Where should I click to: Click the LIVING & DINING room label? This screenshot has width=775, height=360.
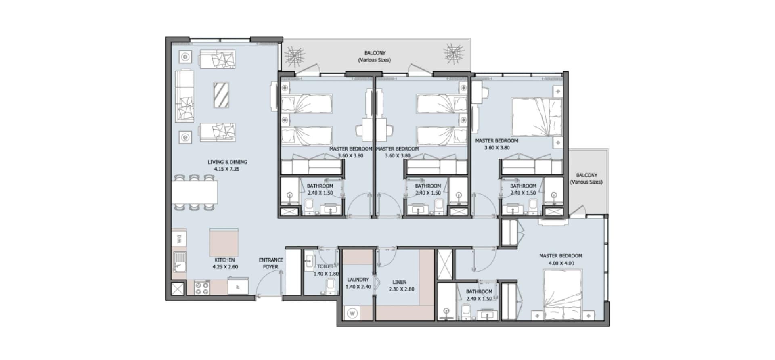pos(227,162)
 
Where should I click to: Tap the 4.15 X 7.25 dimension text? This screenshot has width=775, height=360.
pos(227,169)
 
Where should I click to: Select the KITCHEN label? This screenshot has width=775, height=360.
pos(224,260)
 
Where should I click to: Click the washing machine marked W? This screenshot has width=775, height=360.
pos(352,313)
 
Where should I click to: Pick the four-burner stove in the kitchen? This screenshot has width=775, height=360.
pos(202,287)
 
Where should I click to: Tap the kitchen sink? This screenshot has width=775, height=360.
pos(180,261)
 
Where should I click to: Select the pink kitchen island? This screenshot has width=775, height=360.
pos(224,243)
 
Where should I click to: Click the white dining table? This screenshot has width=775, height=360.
pos(195,193)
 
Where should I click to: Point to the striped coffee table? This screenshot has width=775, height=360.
pos(221,95)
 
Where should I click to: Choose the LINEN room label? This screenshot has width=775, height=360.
pos(399,282)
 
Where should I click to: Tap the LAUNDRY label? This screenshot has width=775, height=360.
pos(358,280)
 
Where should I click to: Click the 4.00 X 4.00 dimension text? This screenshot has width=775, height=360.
pos(561,263)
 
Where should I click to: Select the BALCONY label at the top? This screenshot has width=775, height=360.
pos(375,53)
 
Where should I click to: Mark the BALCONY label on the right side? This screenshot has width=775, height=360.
pos(586,175)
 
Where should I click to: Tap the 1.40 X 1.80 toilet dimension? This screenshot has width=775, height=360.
pos(326,274)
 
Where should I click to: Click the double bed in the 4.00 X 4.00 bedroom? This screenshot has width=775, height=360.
pos(563,294)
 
